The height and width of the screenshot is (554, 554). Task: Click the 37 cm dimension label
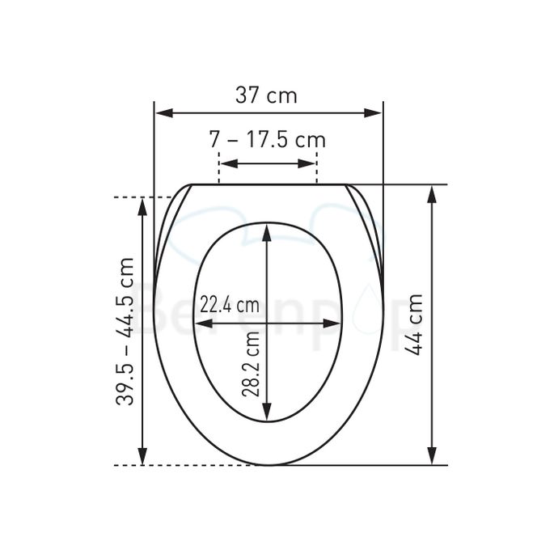tap(266, 95)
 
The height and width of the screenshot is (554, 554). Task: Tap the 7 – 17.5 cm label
tap(268, 140)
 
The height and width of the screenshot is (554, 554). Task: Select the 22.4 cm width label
tap(230, 304)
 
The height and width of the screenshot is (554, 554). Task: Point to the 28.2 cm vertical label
tap(251, 364)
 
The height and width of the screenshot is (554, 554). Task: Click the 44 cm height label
tap(413, 324)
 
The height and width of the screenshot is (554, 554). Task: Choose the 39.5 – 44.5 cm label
tap(125, 332)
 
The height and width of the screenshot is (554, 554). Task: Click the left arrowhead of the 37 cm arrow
tap(164, 113)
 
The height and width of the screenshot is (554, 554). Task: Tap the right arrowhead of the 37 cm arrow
tap(373, 113)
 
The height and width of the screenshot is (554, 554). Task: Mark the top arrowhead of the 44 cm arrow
tap(432, 194)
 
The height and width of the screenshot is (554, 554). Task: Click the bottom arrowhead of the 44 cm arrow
tap(432, 456)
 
